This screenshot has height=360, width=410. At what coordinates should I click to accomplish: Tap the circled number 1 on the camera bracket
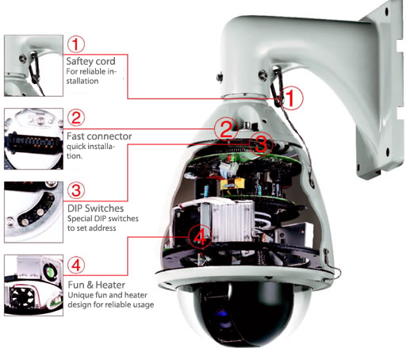[x=293, y=98]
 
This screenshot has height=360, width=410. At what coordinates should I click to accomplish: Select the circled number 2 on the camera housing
[x=227, y=129]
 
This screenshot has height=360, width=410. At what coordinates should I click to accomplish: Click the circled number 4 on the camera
[x=201, y=236]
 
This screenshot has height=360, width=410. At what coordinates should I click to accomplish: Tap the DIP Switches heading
[x=94, y=209]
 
